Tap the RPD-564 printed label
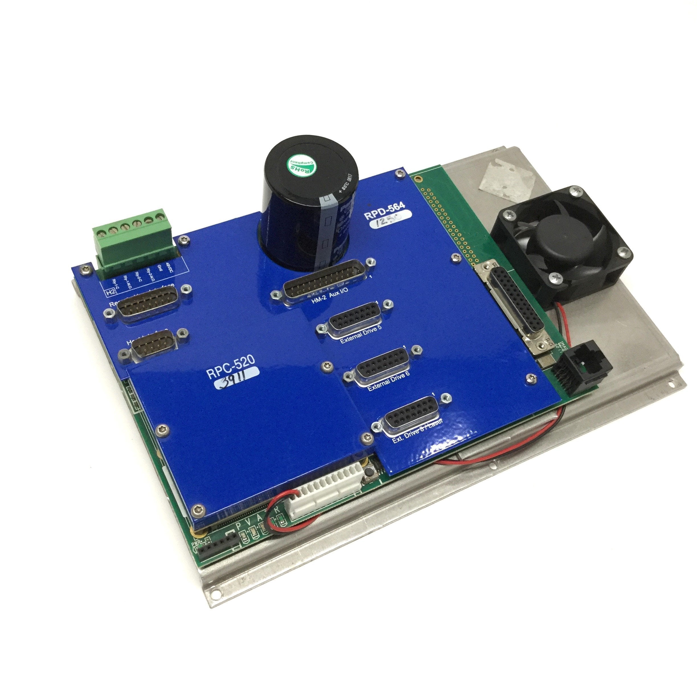[384, 211]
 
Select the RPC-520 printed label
[231, 367]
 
